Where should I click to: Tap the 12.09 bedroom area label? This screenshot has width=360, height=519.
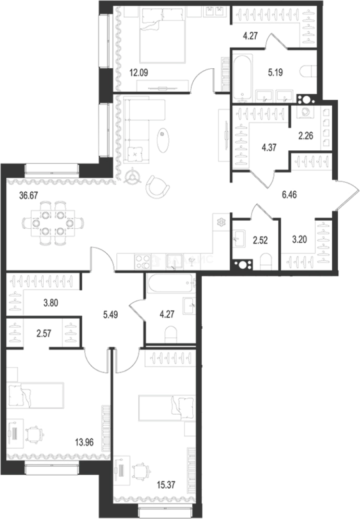tap(139, 74)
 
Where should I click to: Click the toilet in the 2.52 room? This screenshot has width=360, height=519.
tap(266, 261)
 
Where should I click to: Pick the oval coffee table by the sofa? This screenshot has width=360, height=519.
tap(164, 138)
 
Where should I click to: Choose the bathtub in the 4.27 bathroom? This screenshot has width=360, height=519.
tap(171, 284)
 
